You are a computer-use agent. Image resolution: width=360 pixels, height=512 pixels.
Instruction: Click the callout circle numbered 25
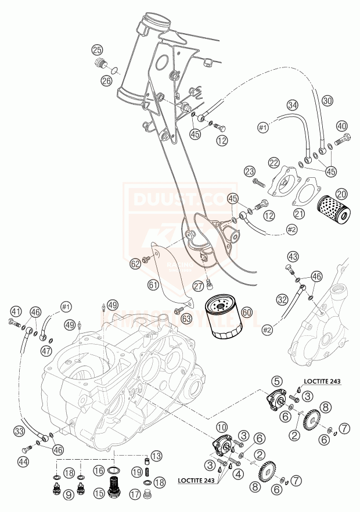pos(97,50)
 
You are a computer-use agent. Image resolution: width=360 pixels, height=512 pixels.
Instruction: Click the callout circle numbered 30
pos(328,100)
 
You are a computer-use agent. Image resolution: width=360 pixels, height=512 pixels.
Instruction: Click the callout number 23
pos(250,171)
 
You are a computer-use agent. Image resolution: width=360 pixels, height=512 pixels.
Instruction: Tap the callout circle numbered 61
pos(153,285)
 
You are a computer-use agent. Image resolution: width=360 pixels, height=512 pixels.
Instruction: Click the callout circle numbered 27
pos(199,285)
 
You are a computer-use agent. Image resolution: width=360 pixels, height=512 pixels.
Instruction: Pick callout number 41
pos(16,311)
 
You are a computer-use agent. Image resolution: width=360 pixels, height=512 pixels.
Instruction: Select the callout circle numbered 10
pos(222,428)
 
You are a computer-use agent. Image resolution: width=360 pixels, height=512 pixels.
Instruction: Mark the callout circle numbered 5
pos(277,381)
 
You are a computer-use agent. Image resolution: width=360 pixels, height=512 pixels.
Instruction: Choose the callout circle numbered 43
pos(293,257)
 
